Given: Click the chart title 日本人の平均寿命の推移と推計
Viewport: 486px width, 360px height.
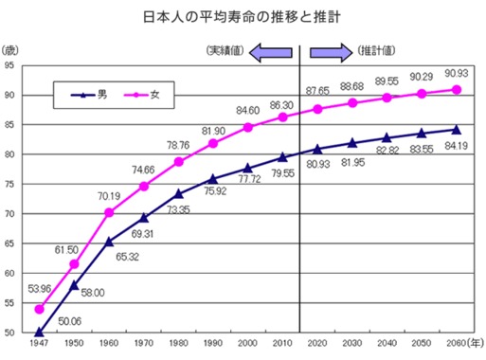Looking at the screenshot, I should [x=243, y=18].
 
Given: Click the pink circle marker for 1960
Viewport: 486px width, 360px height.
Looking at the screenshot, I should [x=109, y=213].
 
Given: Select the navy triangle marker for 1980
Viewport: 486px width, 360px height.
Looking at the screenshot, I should [x=178, y=193].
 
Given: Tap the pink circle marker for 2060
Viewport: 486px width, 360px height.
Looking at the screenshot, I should [x=456, y=89].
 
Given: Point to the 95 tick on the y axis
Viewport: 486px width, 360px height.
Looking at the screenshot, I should [x=9, y=65].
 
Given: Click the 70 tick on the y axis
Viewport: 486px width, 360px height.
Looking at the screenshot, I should [x=9, y=213].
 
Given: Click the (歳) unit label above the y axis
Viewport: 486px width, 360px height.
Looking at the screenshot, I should [x=10, y=48].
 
